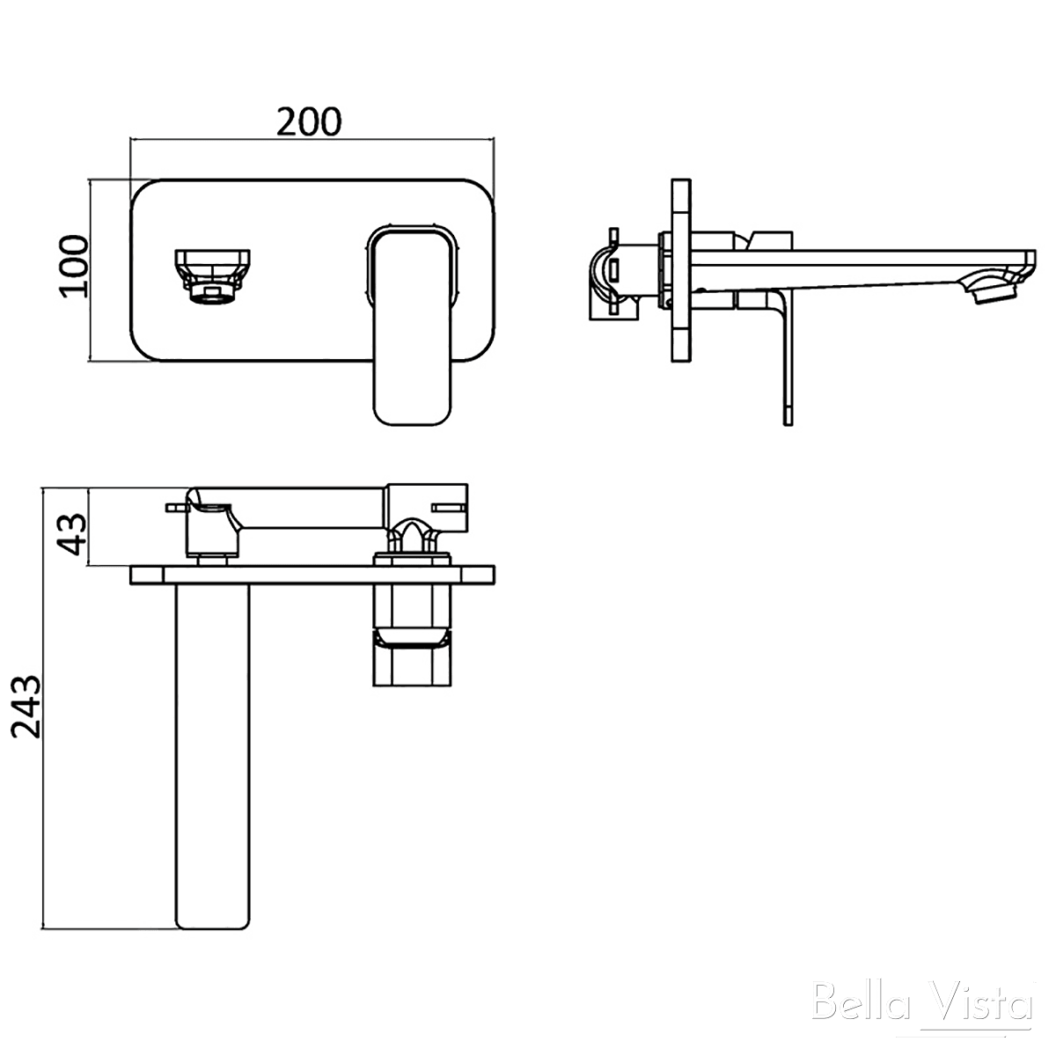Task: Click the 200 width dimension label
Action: coord(309,121)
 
